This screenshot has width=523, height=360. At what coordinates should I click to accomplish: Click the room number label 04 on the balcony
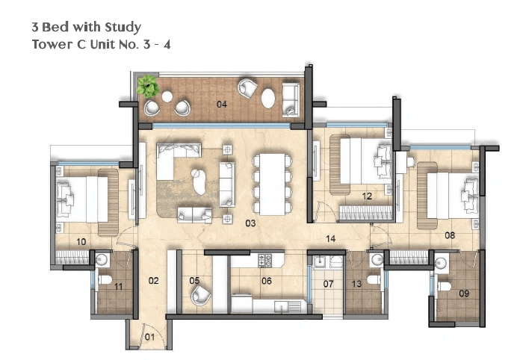pos(221,104)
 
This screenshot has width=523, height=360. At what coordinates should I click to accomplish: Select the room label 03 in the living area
pos(250,223)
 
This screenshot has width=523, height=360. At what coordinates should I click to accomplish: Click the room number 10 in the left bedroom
pos(81,241)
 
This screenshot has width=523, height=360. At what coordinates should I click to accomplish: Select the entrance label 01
pos(149,337)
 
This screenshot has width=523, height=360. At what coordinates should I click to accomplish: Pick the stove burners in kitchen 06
pos(265,261)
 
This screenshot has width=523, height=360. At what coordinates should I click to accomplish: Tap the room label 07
pos(328,285)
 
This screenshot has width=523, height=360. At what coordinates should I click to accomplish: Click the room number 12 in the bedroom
pos(367,196)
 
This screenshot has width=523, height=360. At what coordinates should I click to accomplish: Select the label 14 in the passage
pos(329,239)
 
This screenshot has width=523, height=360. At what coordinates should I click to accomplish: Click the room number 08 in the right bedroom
pos(450,235)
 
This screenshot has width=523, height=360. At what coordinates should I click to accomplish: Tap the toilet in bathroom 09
pos(446,287)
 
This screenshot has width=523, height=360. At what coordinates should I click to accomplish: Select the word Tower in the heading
pos(49,44)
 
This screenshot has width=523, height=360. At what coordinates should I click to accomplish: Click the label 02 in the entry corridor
pos(153,281)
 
